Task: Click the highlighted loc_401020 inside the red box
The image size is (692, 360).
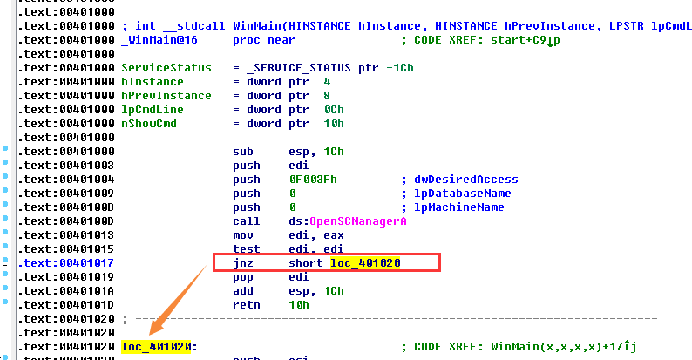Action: pos(365,262)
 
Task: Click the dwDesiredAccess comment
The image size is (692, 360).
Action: pos(466,180)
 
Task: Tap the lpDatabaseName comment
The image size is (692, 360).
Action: pos(466,194)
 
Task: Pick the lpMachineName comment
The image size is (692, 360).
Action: pos(463,207)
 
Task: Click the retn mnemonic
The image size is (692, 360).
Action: pos(247,304)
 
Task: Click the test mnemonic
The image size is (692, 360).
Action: pos(247,248)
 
